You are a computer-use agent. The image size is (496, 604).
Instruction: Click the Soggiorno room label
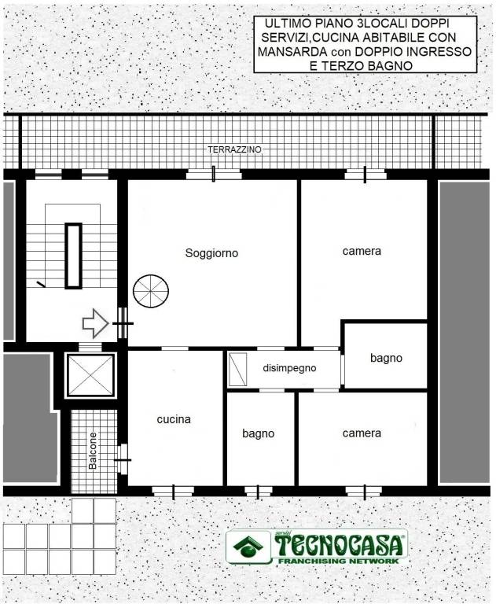(211, 253)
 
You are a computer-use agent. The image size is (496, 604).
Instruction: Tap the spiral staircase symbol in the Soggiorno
(151, 291)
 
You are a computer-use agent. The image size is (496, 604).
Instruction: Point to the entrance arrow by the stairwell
(95, 323)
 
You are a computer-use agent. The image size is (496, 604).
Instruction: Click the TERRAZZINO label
(234, 149)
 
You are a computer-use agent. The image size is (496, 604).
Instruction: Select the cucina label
(174, 419)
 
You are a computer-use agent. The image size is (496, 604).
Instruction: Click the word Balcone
(93, 451)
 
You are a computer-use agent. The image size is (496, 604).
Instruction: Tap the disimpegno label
(289, 368)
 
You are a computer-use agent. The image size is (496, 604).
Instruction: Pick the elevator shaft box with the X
(91, 375)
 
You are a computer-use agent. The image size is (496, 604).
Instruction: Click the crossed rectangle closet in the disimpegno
(237, 369)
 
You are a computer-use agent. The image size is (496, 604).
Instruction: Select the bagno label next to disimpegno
(386, 359)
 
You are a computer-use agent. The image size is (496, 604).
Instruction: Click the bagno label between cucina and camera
(259, 434)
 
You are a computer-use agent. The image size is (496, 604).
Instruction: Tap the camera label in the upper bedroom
(362, 251)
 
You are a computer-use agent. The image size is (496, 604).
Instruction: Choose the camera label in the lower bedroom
(362, 433)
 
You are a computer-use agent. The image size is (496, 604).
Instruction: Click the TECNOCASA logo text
(340, 545)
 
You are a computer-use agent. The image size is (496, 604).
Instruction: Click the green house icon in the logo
(248, 547)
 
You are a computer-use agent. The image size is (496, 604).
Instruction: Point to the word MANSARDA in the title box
(292, 52)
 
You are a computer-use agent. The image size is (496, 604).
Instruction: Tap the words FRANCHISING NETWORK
(339, 561)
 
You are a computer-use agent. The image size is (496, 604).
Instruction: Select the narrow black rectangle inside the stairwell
(73, 256)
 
